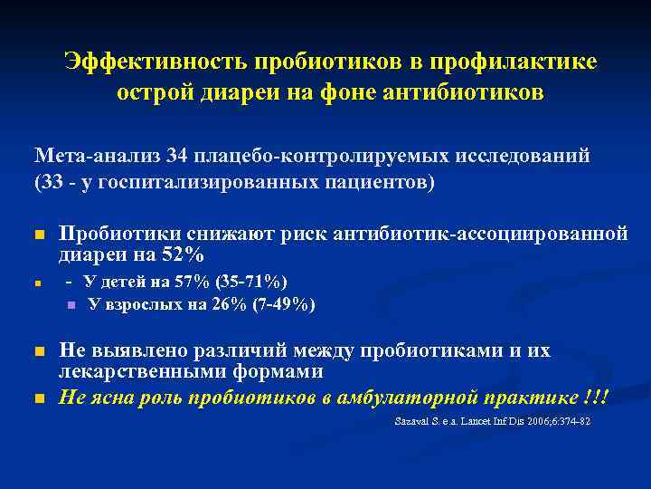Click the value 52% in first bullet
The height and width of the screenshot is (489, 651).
[x=178, y=255]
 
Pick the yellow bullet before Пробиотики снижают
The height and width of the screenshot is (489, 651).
[x=39, y=236]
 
